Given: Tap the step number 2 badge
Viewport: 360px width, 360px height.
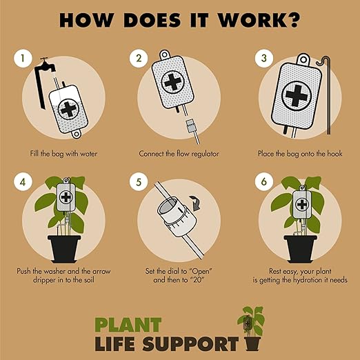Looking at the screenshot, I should click(x=139, y=59).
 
